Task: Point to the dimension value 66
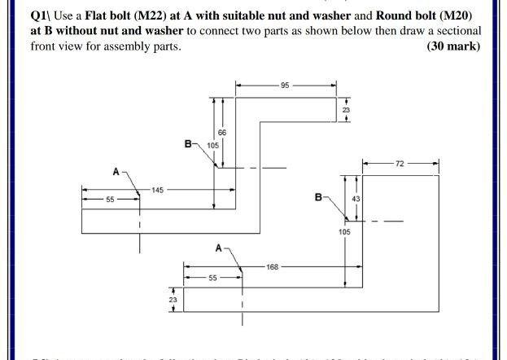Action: point(221,132)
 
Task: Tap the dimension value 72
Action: point(400,164)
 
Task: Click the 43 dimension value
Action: point(356,199)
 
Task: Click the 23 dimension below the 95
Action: point(346,110)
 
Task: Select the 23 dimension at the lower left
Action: point(173,301)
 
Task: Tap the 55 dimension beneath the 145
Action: point(110,199)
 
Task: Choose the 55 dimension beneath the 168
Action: point(213,278)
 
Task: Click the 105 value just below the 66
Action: point(213,146)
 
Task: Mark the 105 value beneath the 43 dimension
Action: point(345,232)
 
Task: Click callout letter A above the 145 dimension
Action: point(116,172)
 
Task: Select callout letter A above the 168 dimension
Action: point(219,247)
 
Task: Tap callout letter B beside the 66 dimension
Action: point(188,144)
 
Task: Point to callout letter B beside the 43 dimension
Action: point(318,196)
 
